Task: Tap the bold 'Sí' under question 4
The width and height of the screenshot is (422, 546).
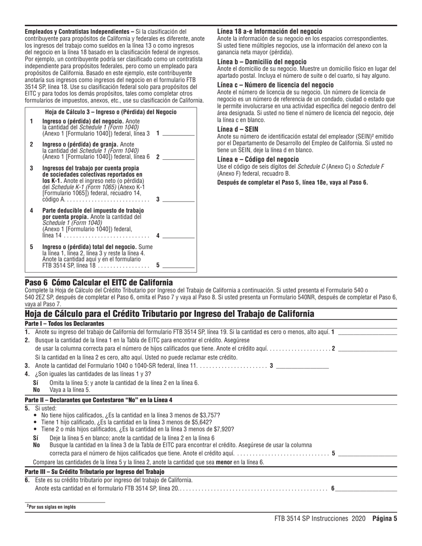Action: (x=37, y=383)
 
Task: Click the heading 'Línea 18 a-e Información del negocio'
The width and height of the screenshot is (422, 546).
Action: (x=270, y=32)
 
